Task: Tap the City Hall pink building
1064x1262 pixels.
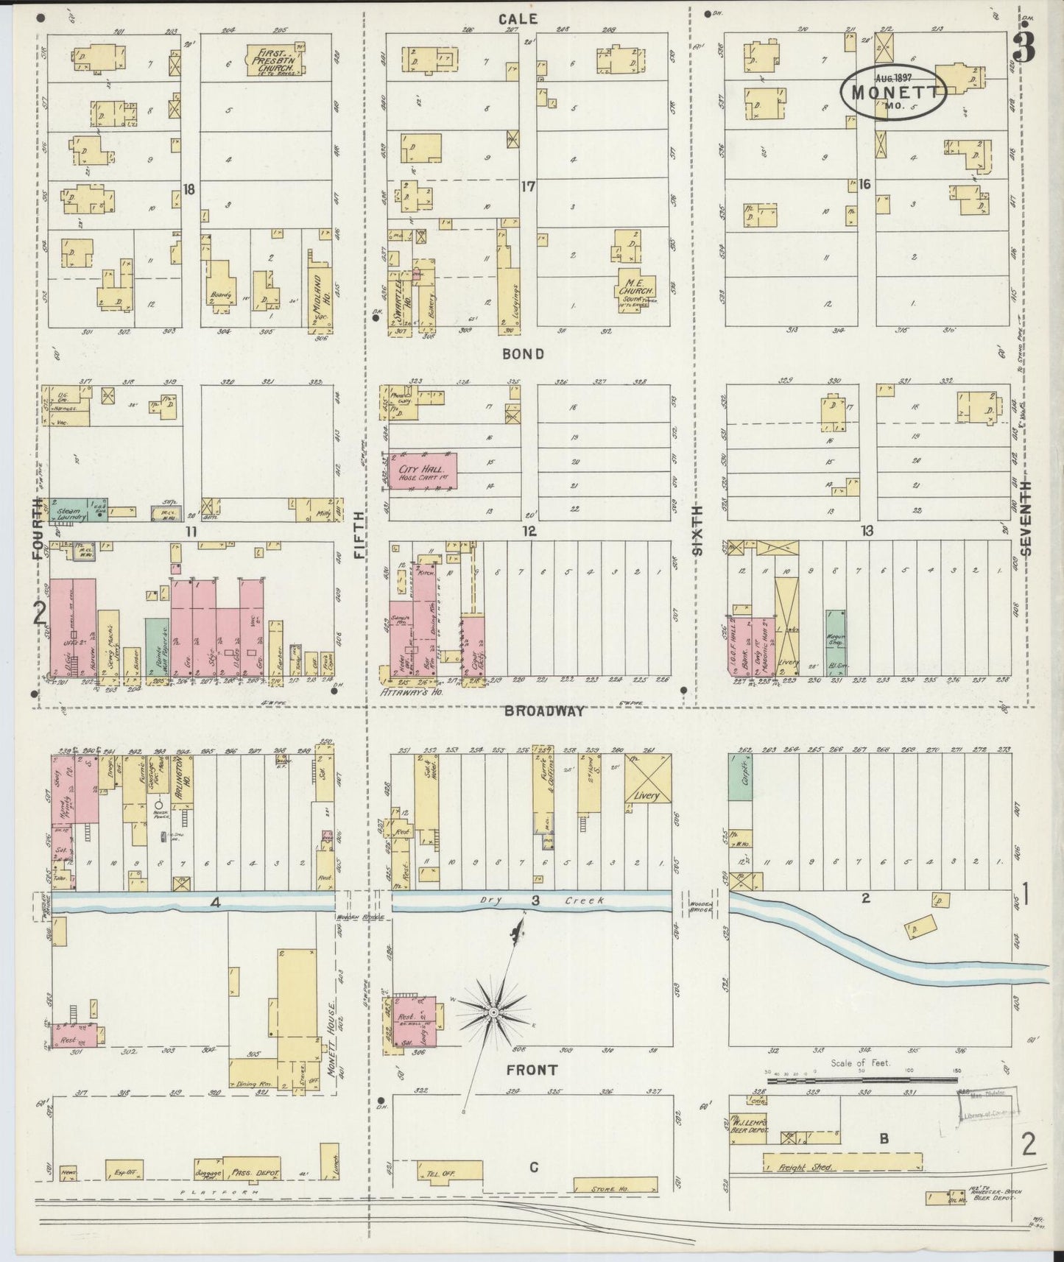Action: pyautogui.click(x=423, y=471)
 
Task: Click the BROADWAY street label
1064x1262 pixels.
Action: pyautogui.click(x=544, y=711)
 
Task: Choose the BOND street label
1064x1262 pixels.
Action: pyautogui.click(x=524, y=354)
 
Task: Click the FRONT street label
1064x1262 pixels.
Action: pyautogui.click(x=531, y=1070)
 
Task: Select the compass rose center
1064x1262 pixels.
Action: pyautogui.click(x=494, y=1015)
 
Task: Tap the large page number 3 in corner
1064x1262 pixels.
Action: pyautogui.click(x=1024, y=46)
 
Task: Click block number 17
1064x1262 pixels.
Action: pyautogui.click(x=528, y=187)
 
